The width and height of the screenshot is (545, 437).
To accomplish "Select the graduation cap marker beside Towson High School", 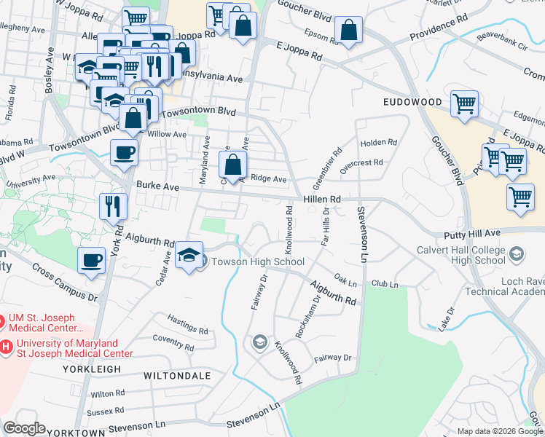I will coord(189,257).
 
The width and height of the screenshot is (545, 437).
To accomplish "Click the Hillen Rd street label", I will coord(321,199).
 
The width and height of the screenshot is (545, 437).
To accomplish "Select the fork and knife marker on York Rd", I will coord(113,206).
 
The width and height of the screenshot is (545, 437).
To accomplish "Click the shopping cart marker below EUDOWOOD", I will coord(464,104).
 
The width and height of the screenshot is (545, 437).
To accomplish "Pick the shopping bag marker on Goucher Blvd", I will coord(349,31).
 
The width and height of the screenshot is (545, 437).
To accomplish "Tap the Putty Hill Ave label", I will coord(472,233).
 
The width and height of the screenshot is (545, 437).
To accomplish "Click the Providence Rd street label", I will coord(439,30).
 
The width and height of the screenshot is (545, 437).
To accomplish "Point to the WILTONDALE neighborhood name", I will coord(177,376).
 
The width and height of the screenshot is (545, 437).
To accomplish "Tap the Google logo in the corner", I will coord(24,428).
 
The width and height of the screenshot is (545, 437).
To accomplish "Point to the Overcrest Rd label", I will coord(361,163).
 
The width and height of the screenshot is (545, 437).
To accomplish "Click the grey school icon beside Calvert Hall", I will coord(517,254).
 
